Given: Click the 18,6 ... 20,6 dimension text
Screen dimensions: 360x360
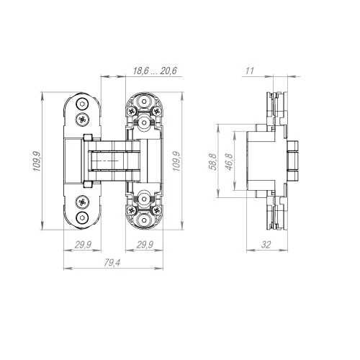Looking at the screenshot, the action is (155, 71).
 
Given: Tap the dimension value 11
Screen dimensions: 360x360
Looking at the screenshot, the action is (250, 71).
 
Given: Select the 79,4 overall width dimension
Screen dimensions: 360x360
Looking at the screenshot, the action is (112, 263).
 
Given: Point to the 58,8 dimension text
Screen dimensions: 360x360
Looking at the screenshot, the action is (213, 162).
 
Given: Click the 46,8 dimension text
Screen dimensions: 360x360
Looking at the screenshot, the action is (230, 162).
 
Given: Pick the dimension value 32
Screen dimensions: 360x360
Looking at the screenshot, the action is (266, 245).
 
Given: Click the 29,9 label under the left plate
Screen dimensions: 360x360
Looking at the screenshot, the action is (83, 245).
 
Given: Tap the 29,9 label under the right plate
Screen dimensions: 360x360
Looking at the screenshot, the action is (145, 245).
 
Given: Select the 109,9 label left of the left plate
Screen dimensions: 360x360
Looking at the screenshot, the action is (37, 161).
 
